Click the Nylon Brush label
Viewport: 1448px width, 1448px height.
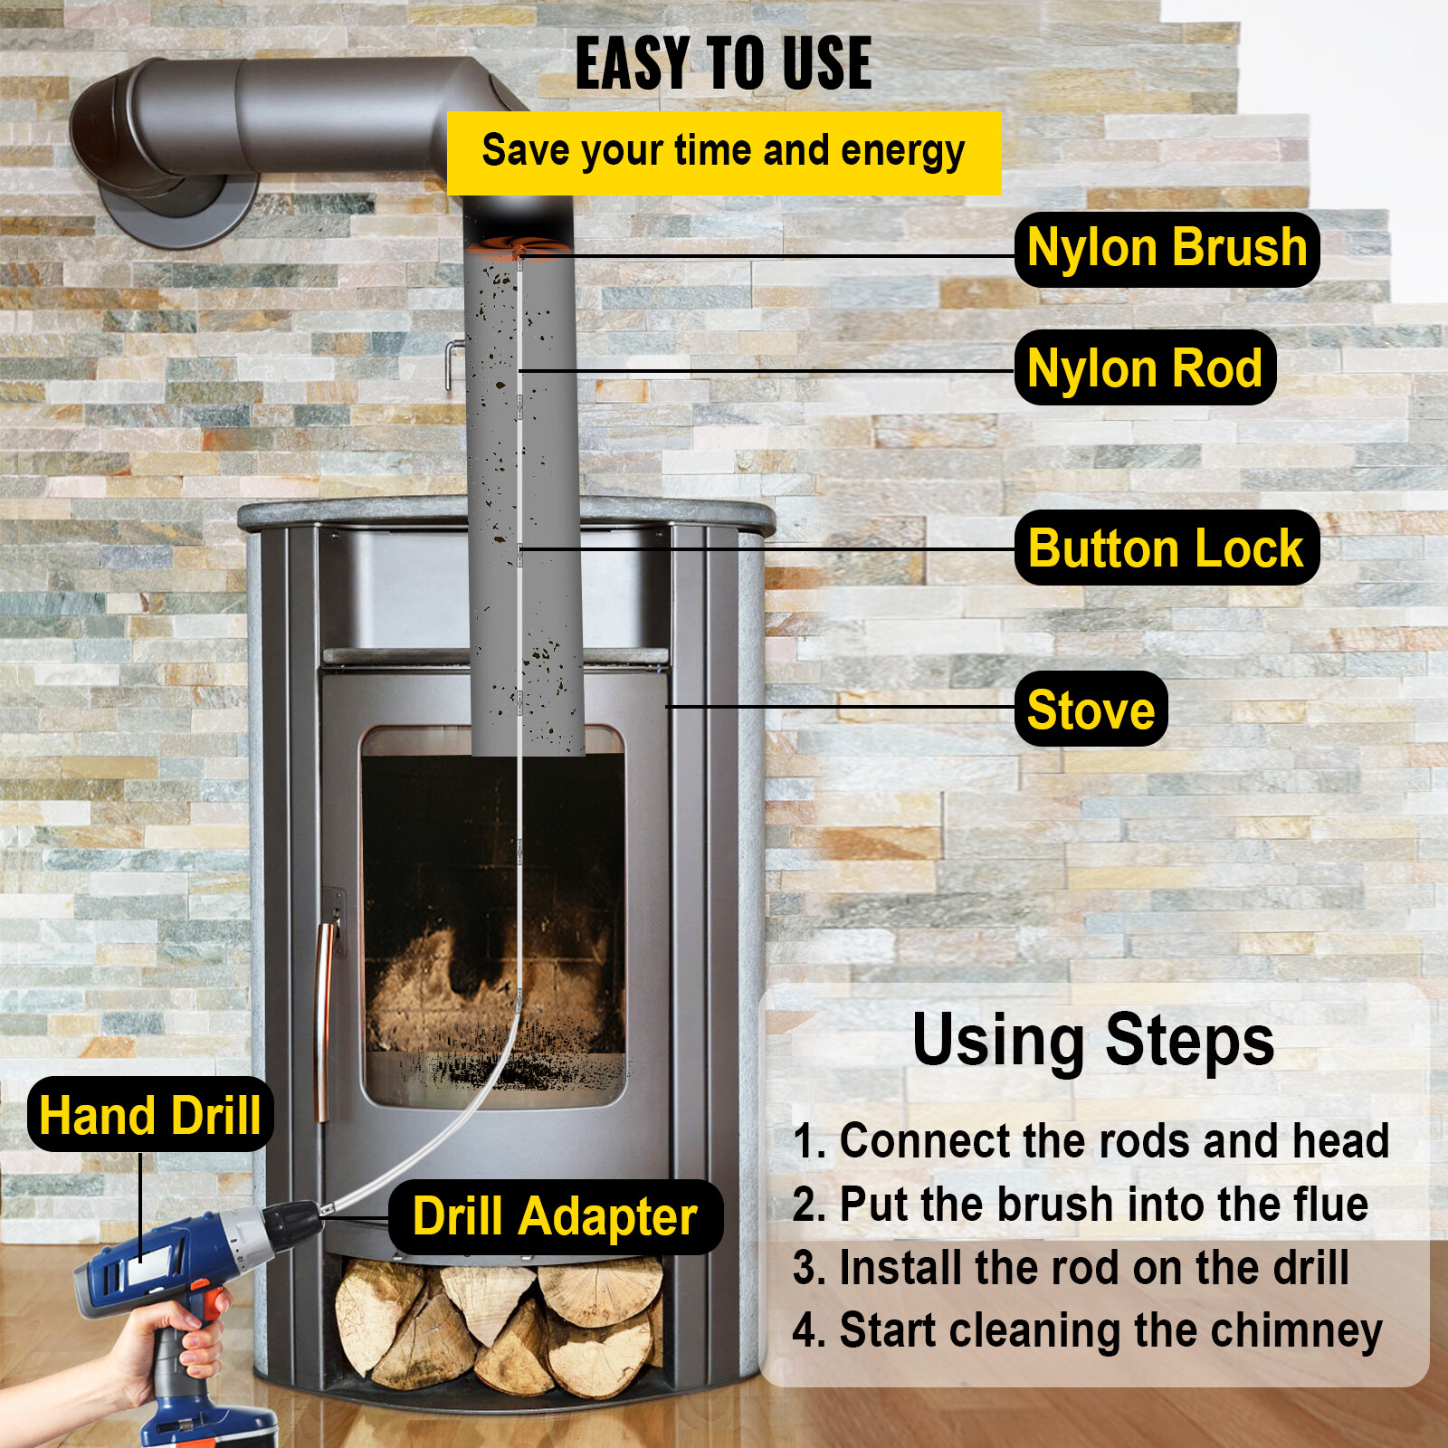1167,249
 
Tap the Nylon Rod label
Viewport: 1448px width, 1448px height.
1145,368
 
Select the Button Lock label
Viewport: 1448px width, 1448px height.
1166,548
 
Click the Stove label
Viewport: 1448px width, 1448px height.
1091,710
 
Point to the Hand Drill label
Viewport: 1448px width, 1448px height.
150,1115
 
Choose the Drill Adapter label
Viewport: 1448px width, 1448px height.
555,1217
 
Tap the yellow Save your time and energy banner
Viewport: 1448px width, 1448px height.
723,152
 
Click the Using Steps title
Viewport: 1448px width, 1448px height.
1092,1041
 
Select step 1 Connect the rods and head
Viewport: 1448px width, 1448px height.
1091,1140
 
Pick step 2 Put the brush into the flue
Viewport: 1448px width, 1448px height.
1080,1205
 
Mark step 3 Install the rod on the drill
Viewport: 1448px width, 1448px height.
1071,1268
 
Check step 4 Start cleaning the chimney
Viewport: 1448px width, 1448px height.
1087,1331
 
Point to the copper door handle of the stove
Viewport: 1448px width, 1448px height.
323,1014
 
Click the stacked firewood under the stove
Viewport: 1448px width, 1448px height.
498,1321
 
